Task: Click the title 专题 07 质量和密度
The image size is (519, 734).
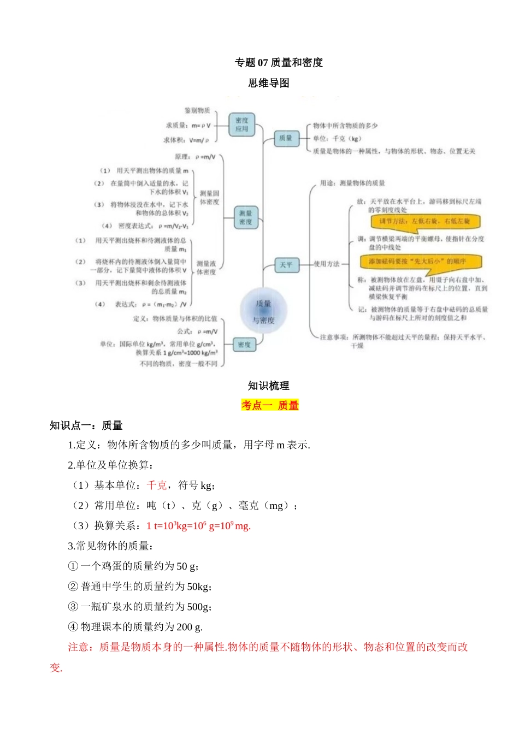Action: pyautogui.click(x=279, y=63)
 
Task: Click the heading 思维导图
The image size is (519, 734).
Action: pyautogui.click(x=269, y=83)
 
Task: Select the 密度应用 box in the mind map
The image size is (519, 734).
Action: pyautogui.click(x=242, y=125)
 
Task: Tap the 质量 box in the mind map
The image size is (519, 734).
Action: pyautogui.click(x=286, y=138)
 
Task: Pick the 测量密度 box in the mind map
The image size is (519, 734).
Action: pyautogui.click(x=246, y=217)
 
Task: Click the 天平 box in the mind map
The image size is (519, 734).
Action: pyautogui.click(x=286, y=265)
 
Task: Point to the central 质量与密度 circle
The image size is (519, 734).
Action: pyautogui.click(x=263, y=311)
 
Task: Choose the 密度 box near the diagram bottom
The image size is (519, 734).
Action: pyautogui.click(x=244, y=345)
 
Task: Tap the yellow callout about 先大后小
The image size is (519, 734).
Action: pyautogui.click(x=421, y=262)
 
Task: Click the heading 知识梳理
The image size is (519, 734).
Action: pyautogui.click(x=269, y=386)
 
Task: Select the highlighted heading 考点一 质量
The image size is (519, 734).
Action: pyautogui.click(x=270, y=405)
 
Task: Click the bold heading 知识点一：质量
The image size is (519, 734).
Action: pyautogui.click(x=86, y=425)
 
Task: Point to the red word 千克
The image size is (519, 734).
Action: pyautogui.click(x=157, y=485)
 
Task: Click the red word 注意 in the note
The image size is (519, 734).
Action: pyautogui.click(x=78, y=647)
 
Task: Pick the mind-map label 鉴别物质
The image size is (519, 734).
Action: pyautogui.click(x=197, y=111)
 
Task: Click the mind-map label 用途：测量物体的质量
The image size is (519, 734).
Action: pyautogui.click(x=352, y=183)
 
